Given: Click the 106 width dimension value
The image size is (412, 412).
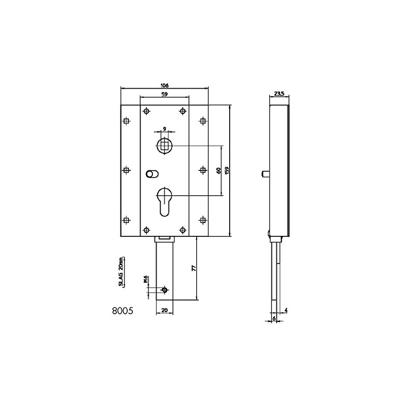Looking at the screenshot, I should point(165,85).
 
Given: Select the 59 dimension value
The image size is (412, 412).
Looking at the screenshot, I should point(164,95).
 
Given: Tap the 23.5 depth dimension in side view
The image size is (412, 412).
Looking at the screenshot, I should point(279,94).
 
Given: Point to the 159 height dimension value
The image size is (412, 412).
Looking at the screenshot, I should point(227,169).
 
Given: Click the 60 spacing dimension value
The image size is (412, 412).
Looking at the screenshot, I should point(218,170).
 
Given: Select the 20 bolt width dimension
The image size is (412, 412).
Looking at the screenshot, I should point(164,310).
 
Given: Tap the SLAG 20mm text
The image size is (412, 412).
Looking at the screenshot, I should point(121,271).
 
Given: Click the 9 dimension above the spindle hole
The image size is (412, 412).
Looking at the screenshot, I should point(164,128).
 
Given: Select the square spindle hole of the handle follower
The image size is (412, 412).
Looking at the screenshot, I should point(164,145).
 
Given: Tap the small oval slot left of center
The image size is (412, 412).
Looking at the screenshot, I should point(151,174).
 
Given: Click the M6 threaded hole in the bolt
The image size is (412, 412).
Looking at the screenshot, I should point(164,290).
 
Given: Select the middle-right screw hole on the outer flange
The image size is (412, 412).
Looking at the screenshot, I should point(202,169).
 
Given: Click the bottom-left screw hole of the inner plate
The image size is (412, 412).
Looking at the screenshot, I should point(147,230).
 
